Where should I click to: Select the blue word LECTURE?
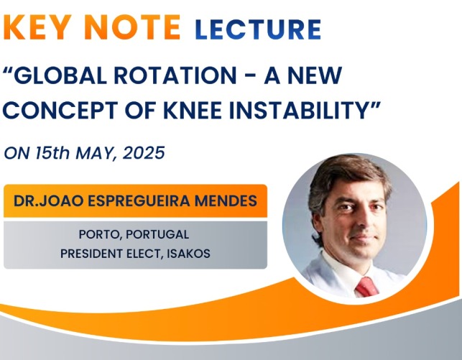pyautogui.click(x=257, y=29)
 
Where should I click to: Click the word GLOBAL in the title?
pyautogui.click(x=58, y=75)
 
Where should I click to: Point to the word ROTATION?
pyautogui.click(x=175, y=75)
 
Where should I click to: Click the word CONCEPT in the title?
pyautogui.click(x=60, y=110)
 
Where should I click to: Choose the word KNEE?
pyautogui.click(x=192, y=110)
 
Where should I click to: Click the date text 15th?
pyautogui.click(x=52, y=153)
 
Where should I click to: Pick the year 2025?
pyautogui.click(x=144, y=153)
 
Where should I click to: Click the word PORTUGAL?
pyautogui.click(x=157, y=234)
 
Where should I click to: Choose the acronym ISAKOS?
pyautogui.click(x=188, y=254)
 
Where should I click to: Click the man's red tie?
pyautogui.click(x=366, y=287)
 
